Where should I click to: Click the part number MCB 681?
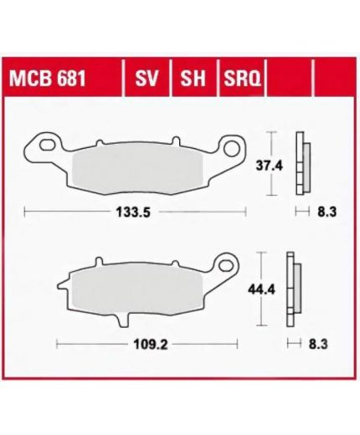(48, 79)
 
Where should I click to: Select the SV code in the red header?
(147, 79)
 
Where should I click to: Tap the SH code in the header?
(193, 79)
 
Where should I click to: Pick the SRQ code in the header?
(242, 79)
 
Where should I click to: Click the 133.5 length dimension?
(133, 212)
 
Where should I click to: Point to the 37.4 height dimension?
(270, 166)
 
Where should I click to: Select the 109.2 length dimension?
(151, 345)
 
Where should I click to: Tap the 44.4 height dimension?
(262, 290)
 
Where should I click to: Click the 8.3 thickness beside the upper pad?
(327, 212)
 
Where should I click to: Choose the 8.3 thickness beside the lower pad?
(318, 345)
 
